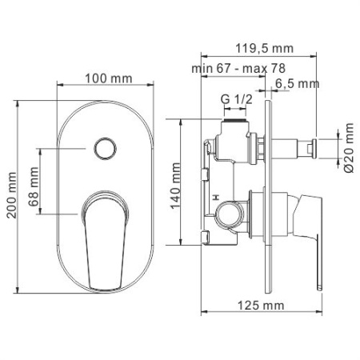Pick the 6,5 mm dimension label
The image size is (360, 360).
(x=297, y=83)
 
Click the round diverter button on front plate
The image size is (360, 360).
(x=102, y=148)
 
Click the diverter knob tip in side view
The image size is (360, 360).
(x=314, y=146)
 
